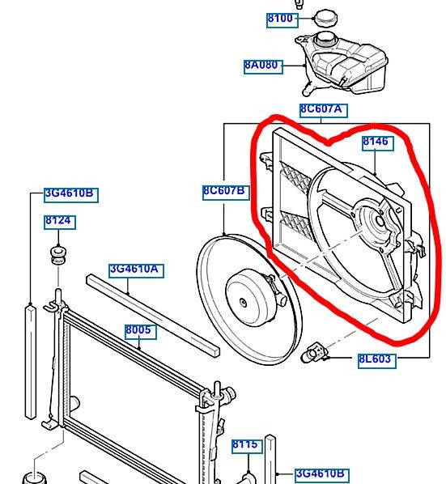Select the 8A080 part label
point(263,66)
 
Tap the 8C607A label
point(324,111)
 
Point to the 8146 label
point(378,143)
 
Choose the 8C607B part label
point(226,193)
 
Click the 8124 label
point(60,222)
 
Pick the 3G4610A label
point(136,270)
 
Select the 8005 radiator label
point(140,332)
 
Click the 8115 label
point(247,446)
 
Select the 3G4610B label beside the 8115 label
point(322,475)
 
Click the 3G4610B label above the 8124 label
point(71,195)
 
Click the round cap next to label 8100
point(325,18)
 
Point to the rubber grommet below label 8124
point(58,255)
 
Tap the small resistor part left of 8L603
point(315,353)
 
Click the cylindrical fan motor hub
point(251,297)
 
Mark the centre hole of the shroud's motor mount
point(380,221)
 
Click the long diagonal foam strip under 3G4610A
point(153,316)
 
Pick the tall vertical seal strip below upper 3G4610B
point(30,361)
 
